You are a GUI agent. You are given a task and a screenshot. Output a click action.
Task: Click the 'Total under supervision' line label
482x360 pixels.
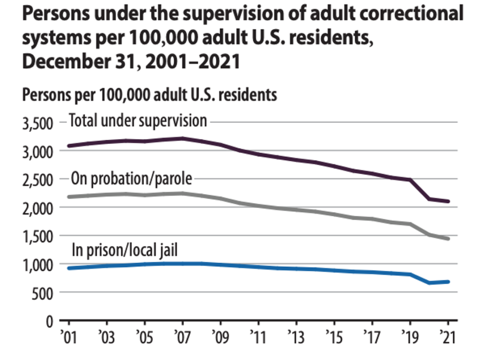[x=138, y=120]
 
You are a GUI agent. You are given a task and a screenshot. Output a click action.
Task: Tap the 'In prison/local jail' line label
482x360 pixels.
[x=124, y=250]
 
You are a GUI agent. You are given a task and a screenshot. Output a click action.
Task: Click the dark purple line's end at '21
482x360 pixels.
[x=448, y=201]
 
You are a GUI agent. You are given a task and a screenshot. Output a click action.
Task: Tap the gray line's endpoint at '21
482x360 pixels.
[x=448, y=239]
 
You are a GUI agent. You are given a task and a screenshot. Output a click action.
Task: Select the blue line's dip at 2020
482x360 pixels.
[x=429, y=283]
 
